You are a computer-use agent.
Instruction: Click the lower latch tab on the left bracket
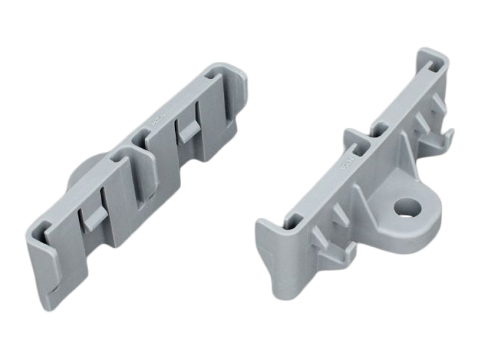93,220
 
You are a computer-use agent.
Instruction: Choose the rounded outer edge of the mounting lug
432,231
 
